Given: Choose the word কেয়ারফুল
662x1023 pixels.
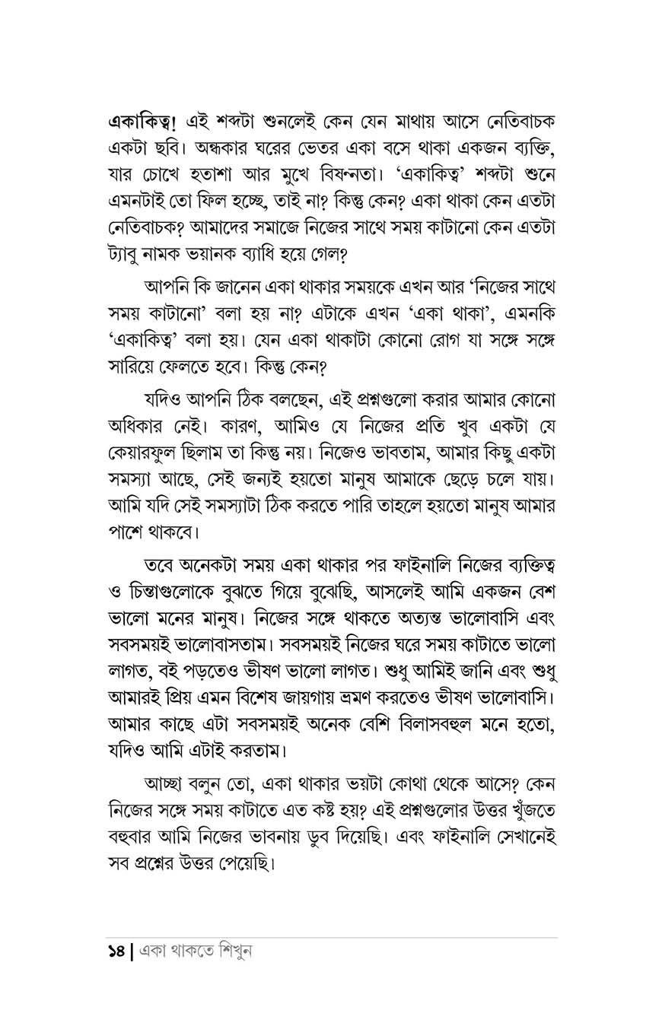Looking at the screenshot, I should coord(149,450).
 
